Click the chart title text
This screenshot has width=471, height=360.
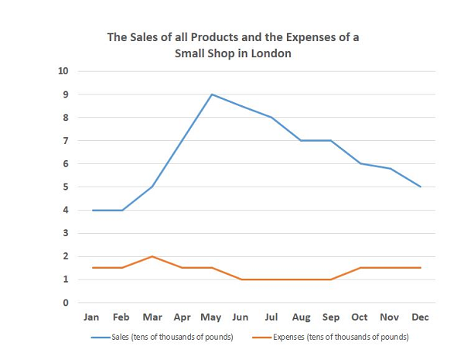[x=233, y=46]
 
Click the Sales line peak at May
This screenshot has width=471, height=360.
[x=212, y=94]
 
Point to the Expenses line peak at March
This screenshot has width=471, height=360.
[x=152, y=256]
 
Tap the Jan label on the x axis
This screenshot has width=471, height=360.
[x=92, y=317]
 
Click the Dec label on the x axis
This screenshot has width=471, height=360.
[x=421, y=317]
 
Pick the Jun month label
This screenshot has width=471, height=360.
[x=241, y=317]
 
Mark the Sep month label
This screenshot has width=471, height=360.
[x=331, y=317]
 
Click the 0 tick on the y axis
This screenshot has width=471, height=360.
[x=66, y=303]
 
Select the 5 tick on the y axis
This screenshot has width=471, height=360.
[x=66, y=187]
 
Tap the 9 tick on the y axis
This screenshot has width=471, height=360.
[x=66, y=94]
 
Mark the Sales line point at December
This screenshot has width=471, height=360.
[x=421, y=187]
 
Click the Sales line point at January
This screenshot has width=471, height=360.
[x=92, y=210]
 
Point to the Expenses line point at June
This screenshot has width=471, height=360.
[x=241, y=279]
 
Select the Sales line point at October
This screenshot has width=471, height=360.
[x=361, y=163]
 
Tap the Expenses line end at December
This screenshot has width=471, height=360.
[x=421, y=268]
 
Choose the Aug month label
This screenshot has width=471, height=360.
[x=301, y=317]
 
